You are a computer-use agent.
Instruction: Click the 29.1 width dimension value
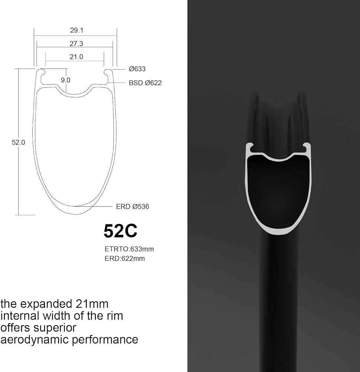pyautogui.click(x=77, y=31)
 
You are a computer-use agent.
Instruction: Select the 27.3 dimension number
pyautogui.click(x=76, y=44)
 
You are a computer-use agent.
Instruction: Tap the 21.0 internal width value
pyautogui.click(x=76, y=57)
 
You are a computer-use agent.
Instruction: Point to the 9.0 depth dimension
pyautogui.click(x=65, y=80)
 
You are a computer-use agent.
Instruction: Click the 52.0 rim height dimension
pyautogui.click(x=18, y=142)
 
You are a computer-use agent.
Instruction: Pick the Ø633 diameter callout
pyautogui.click(x=137, y=69)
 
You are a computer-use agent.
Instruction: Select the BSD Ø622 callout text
pyautogui.click(x=145, y=83)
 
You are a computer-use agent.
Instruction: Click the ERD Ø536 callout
pyautogui.click(x=132, y=206)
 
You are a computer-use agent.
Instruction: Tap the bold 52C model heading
pyautogui.click(x=120, y=231)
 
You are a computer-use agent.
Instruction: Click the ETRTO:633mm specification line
pyautogui.click(x=129, y=249)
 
